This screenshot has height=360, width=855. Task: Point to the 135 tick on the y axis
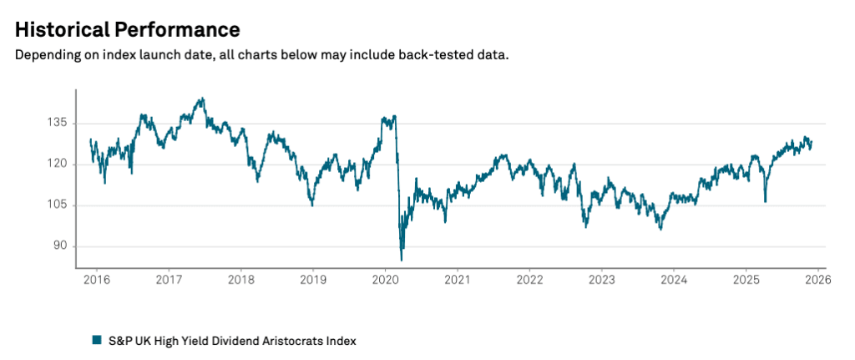pos(57,122)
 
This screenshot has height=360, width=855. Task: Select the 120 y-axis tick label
pos(57,164)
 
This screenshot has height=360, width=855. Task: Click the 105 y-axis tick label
pos(57,205)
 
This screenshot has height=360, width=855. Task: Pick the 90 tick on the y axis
pos(59,246)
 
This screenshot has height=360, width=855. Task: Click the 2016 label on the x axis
pos(97,280)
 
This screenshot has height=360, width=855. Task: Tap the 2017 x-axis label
pos(169,280)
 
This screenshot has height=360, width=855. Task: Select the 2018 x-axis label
pos(240,280)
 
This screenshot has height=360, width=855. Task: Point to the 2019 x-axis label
pos(312,280)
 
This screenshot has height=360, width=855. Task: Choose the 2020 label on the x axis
pos(384,280)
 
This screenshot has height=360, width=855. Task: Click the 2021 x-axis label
pos(457,280)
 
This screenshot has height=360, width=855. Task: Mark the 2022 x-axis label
pos(529,280)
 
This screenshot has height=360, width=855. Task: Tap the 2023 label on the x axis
pos(601,280)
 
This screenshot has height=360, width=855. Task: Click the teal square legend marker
pos(97,340)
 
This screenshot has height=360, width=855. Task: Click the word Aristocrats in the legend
pos(271,340)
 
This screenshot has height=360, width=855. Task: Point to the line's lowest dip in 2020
pos(402,260)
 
